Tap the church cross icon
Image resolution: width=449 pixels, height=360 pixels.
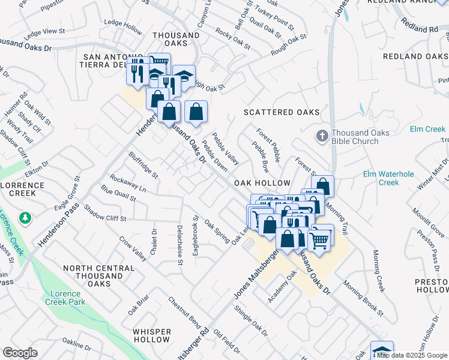322,136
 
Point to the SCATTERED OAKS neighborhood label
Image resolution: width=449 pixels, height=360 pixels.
281,112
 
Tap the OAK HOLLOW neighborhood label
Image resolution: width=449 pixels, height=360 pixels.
262,182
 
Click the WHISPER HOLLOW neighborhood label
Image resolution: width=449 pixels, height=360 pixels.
152,335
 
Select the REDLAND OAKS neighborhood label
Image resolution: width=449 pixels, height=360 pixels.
415,56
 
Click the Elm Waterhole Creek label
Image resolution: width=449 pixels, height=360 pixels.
388,178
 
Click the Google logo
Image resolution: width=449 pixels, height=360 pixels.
20,353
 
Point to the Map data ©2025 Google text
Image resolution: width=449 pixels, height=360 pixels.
411,355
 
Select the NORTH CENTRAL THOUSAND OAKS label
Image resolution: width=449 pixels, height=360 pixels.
98,275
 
